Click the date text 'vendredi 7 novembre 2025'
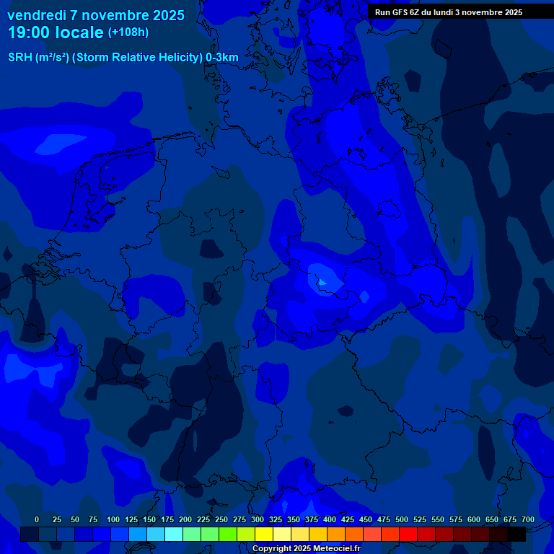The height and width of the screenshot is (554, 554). pos(96,15)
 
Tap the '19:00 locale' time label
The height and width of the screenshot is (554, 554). pos(56,32)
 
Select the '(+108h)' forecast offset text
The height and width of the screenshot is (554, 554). pos(128,32)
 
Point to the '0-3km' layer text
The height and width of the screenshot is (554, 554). pos(222,58)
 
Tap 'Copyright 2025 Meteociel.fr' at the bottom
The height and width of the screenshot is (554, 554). pos(306,548)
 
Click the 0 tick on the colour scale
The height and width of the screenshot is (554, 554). pos(37,520)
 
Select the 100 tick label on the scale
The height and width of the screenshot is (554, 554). pos(113,520)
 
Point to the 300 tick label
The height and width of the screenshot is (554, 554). pos(258,520)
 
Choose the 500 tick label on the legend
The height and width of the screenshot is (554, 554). pos(402,520)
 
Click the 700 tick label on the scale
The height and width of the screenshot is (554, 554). pos(528,520)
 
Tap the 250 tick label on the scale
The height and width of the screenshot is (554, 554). pos(221,520)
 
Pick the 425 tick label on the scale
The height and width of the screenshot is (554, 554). pos(348,520)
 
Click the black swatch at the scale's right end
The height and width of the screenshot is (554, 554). pos(516,535)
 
